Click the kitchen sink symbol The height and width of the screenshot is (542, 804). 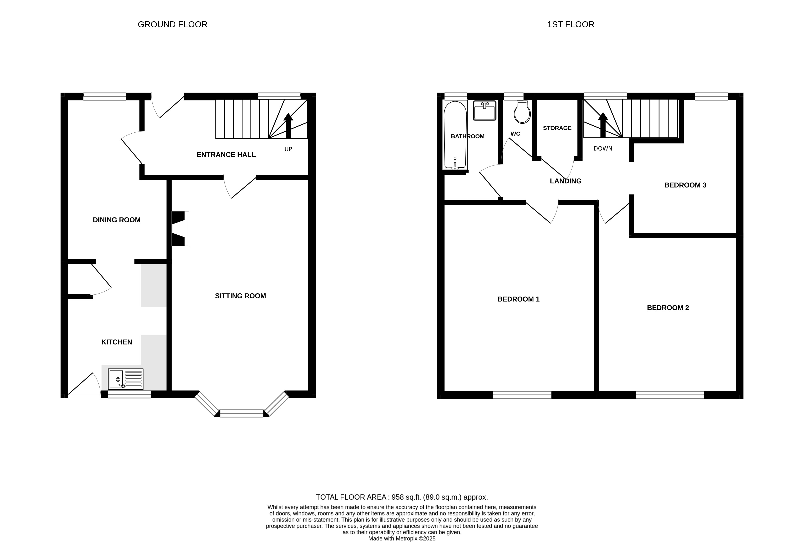coord(126,379)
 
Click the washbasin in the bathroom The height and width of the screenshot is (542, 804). coord(484,111)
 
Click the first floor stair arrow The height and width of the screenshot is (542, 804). coord(603,125)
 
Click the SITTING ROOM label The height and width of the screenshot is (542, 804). coord(240,296)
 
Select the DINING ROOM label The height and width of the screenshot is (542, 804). coord(116,220)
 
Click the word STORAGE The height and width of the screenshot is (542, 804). coord(557,128)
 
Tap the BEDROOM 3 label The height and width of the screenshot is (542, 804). coord(685,185)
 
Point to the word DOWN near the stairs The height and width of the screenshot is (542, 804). coord(603,149)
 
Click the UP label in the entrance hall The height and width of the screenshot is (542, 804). coord(288,149)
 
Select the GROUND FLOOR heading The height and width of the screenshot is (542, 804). coord(173,25)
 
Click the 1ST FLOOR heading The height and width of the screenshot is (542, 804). coord(571,25)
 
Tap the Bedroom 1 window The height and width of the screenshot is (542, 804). coord(522,395)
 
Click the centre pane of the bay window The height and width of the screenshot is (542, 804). coord(242,413)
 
